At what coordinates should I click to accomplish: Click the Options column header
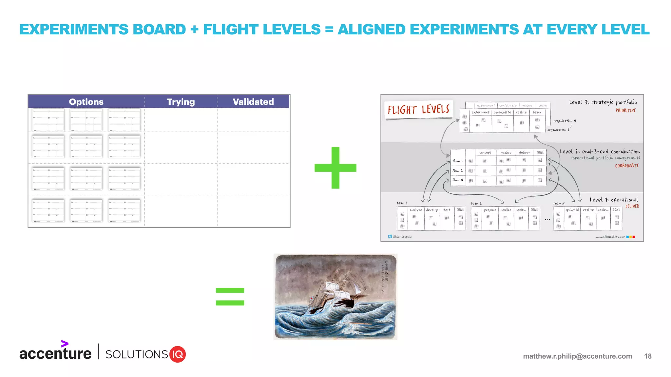[x=86, y=102]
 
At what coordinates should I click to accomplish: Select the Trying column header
[x=181, y=102]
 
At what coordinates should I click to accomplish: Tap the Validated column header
[x=253, y=102]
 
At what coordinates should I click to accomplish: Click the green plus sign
[x=335, y=168]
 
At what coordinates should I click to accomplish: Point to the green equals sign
[x=230, y=296]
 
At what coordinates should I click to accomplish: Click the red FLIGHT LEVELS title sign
[x=418, y=110]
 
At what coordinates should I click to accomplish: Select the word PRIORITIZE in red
[x=625, y=111]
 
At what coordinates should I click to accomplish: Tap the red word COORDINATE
[x=626, y=166]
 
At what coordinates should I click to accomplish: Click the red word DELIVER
[x=632, y=206]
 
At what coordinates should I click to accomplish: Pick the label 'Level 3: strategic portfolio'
[x=603, y=102]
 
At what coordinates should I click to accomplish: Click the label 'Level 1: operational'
[x=613, y=200]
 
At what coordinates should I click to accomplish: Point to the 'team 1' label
[x=402, y=203]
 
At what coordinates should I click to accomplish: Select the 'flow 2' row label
[x=457, y=171]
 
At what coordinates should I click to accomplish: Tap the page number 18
[x=647, y=356]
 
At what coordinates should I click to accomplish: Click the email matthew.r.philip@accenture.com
[x=577, y=356]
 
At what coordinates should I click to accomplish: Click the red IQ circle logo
[x=178, y=354]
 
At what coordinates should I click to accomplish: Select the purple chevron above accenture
[x=65, y=344]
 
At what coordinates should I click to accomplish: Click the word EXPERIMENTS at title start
[x=74, y=29]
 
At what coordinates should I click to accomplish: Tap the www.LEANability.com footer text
[x=610, y=237]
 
